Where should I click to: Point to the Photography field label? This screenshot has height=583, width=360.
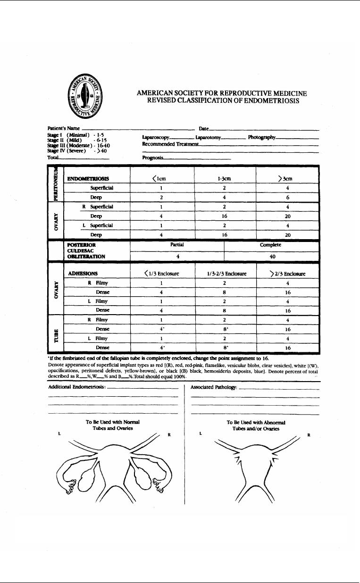261,137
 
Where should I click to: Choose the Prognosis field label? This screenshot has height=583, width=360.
152,158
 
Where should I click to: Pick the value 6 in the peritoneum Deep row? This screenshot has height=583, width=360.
288,198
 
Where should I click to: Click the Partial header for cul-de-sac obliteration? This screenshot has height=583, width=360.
176,246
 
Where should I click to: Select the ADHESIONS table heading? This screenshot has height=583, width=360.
83,274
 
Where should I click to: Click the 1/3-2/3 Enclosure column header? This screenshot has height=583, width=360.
224,274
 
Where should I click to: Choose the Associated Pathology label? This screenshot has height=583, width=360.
214,387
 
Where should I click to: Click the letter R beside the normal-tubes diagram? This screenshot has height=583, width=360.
168,434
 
